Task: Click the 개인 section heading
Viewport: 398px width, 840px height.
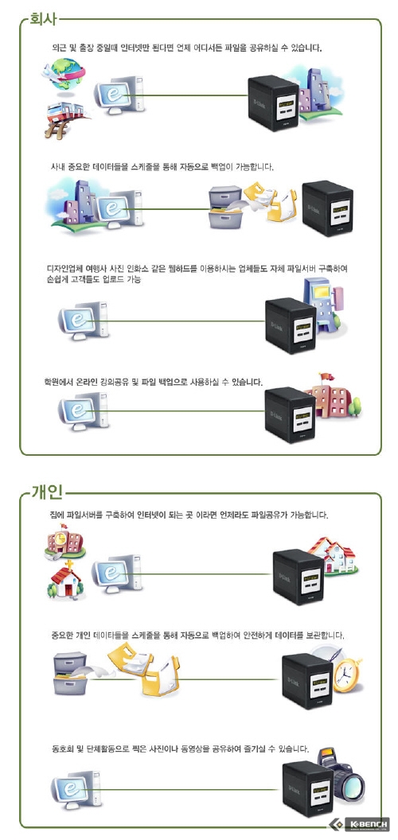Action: (48, 492)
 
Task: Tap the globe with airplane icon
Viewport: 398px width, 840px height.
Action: (64, 75)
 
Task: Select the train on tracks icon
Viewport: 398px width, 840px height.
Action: (65, 119)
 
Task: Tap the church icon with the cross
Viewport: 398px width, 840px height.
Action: (65, 580)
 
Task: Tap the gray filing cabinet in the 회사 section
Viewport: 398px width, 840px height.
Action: (225, 207)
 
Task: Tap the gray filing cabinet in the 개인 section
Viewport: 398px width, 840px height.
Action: (70, 674)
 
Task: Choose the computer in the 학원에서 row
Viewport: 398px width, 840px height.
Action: (84, 411)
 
